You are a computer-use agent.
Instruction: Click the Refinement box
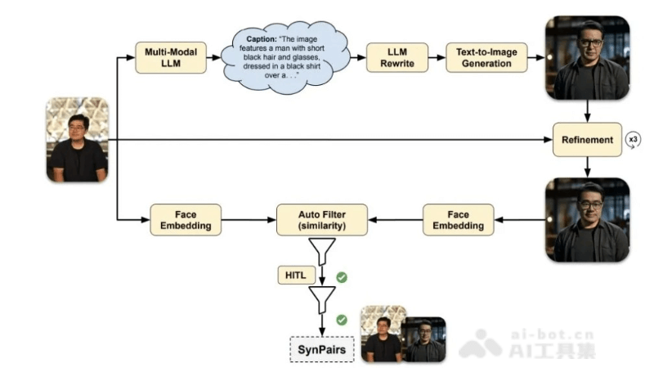[x=587, y=140]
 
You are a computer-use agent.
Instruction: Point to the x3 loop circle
[x=634, y=140]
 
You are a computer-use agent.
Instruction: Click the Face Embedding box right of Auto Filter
[x=459, y=219]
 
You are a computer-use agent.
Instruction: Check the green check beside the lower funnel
[x=342, y=320]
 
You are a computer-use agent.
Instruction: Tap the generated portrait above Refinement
[x=587, y=57]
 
